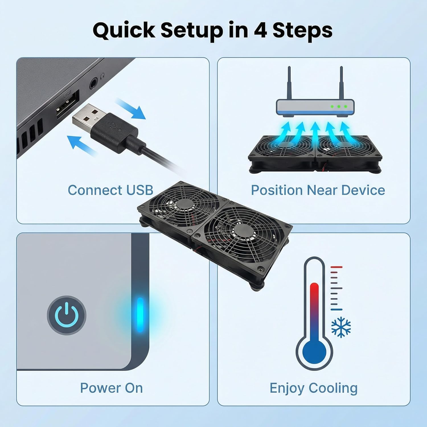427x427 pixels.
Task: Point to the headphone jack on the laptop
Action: click(93, 84)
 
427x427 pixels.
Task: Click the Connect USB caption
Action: click(110, 190)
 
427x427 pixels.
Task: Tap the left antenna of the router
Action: click(289, 83)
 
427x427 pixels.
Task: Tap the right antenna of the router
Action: click(341, 83)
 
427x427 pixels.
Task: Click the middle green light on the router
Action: click(339, 106)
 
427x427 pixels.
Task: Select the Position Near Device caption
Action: click(318, 190)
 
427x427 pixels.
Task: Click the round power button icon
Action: click(67, 315)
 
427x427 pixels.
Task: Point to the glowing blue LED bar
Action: click(140, 315)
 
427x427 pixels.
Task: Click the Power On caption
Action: click(111, 388)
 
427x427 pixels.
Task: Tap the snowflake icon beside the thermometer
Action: click(341, 328)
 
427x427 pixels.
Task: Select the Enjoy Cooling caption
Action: click(313, 388)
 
